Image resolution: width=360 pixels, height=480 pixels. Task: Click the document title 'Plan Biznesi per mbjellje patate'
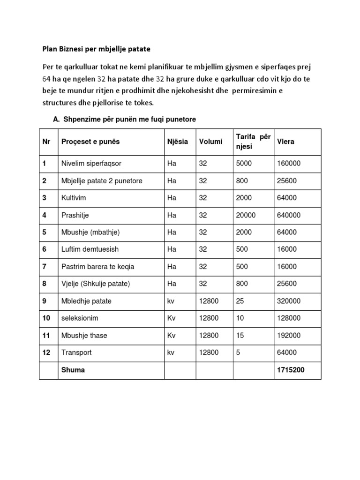tap(97, 49)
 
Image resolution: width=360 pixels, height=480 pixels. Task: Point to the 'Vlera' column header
tap(286, 142)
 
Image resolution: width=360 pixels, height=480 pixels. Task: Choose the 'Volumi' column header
tap(210, 142)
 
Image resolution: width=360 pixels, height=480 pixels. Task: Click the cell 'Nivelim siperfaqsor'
tap(91, 164)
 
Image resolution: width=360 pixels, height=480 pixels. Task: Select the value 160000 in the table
tap(289, 164)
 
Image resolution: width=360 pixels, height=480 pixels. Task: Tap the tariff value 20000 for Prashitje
tap(246, 215)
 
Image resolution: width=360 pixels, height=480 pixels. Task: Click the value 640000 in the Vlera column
tap(289, 215)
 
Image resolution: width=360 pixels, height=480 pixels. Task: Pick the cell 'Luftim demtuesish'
tap(90, 249)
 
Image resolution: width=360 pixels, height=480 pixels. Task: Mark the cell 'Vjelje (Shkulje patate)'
tap(96, 284)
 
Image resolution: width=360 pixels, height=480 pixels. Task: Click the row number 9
tap(45, 301)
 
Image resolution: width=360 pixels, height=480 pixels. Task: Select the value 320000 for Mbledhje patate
tap(289, 301)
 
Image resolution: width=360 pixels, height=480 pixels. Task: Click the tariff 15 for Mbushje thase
tap(240, 336)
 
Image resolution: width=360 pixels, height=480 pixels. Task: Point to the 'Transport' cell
tap(76, 352)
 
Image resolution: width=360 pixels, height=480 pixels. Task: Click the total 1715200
tap(291, 370)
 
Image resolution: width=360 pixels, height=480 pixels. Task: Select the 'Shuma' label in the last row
tap(73, 370)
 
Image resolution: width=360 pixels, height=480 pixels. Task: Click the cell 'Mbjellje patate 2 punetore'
tap(102, 181)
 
